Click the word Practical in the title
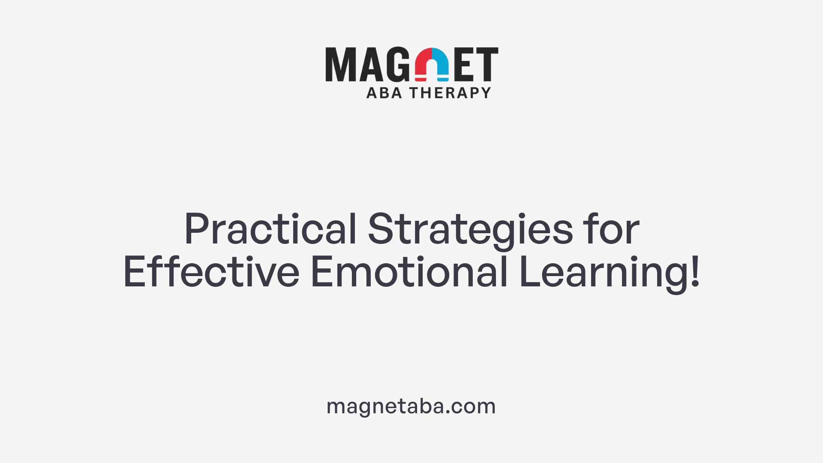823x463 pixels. pyautogui.click(x=270, y=229)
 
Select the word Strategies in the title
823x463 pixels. pyautogui.click(x=470, y=229)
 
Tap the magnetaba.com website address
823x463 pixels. pyautogui.click(x=411, y=406)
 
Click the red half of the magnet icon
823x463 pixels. pyautogui.click(x=423, y=64)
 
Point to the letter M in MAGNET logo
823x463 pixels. pyautogui.click(x=341, y=64)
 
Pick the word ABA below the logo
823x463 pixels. pyautogui.click(x=384, y=93)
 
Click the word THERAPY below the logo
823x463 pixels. pyautogui.click(x=450, y=93)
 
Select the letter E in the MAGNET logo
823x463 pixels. pyautogui.click(x=464, y=64)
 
